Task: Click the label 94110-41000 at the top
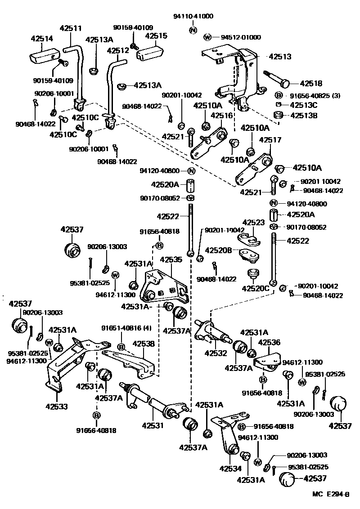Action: (x=193, y=16)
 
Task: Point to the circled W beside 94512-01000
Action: (x=207, y=37)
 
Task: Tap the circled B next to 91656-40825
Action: (x=279, y=95)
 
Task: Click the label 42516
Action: (x=221, y=116)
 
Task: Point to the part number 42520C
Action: (x=256, y=288)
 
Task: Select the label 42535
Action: (x=171, y=259)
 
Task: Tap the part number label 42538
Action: (x=144, y=344)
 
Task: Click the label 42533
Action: (x=57, y=406)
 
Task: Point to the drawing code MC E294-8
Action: (x=330, y=494)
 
